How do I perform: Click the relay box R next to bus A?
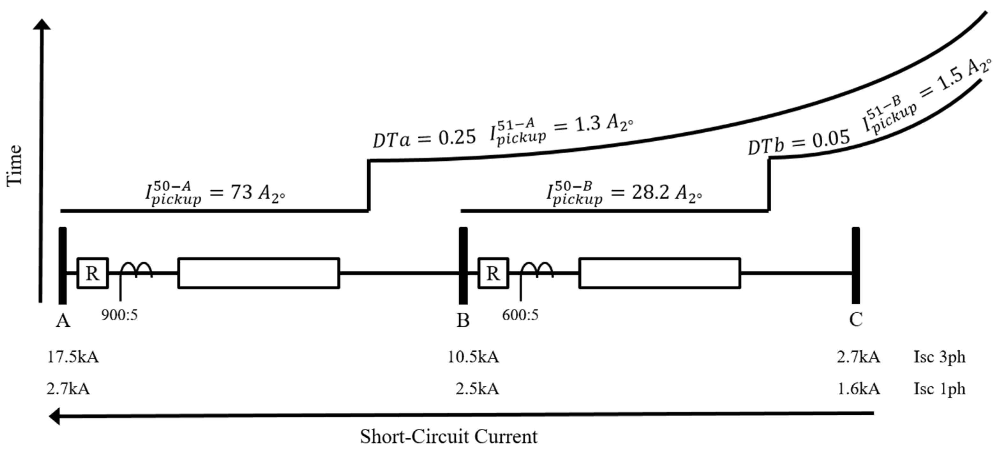click(x=93, y=273)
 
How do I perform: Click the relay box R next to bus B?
click(x=493, y=273)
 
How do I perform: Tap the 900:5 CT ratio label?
click(x=119, y=315)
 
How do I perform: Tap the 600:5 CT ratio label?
click(x=520, y=315)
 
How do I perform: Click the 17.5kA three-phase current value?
click(x=73, y=357)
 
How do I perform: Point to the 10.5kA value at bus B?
click(x=473, y=357)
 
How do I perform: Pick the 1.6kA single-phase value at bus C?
click(x=858, y=389)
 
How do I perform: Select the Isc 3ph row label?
click(x=939, y=357)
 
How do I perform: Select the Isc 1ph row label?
click(x=939, y=389)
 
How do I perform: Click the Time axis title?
click(x=15, y=165)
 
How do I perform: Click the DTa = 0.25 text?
click(x=424, y=138)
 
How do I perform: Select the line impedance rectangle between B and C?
click(x=659, y=273)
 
